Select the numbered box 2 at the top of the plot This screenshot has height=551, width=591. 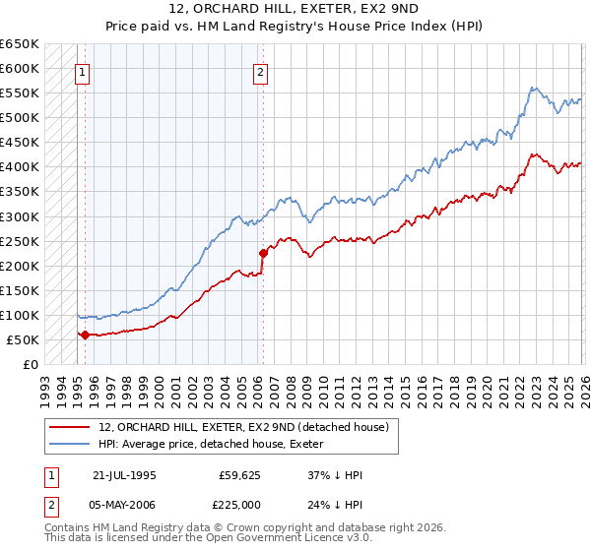(261, 71)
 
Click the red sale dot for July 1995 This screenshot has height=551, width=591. (85, 335)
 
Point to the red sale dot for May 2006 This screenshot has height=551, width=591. (263, 253)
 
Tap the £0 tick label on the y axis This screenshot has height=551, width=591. (30, 364)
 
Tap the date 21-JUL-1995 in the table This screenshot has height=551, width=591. (124, 474)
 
